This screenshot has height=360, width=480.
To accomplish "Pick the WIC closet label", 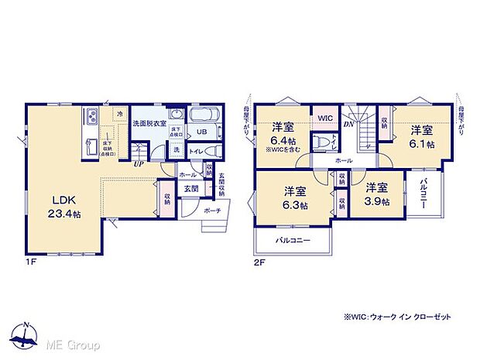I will (x=325, y=118).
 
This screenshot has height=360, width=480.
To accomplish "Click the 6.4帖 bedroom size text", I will (x=283, y=141).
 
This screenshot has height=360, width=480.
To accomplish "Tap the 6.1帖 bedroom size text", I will (x=422, y=144).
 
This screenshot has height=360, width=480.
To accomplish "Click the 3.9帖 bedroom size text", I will (x=377, y=201).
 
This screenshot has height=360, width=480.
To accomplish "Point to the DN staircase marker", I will (x=348, y=123).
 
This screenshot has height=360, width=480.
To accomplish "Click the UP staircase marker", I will (x=137, y=164).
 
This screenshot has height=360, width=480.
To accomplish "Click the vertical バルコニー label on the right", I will (x=425, y=193).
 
